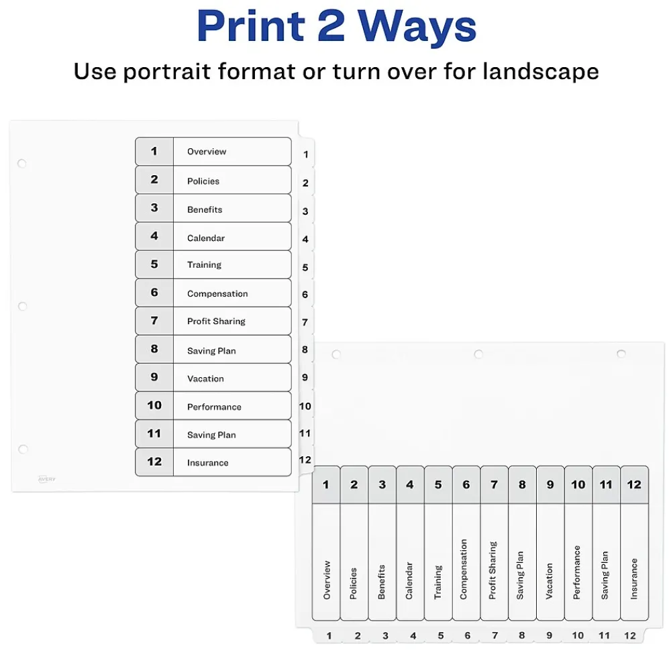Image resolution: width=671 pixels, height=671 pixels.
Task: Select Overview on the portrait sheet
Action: pos(207,152)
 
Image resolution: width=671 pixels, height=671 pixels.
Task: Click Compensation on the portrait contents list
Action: pos(217,294)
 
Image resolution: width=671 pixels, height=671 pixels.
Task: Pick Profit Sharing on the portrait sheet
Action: pos(216,321)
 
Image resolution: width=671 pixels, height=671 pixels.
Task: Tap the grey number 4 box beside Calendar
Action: pos(154,236)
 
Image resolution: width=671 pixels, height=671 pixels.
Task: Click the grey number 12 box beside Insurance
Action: pos(154,462)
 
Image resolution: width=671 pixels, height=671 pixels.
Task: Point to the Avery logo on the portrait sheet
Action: pos(47,478)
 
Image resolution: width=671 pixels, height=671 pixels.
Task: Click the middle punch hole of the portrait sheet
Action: pos(22,306)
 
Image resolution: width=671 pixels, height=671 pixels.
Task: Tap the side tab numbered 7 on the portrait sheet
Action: pos(305,322)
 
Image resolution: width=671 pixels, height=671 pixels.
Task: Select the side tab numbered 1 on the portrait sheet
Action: pos(306,154)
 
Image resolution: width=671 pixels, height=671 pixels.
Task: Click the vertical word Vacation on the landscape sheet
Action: pos(550,581)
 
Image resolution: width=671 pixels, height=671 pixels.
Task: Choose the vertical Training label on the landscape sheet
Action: pos(438,582)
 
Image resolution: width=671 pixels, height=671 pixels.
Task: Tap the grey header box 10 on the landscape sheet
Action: pos(578,484)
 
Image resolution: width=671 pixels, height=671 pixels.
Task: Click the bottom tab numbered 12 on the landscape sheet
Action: pos(629,635)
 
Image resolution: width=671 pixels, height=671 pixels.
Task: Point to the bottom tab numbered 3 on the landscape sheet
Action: pos(385,635)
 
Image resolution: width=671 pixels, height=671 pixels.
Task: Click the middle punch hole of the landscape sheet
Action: pos(478,354)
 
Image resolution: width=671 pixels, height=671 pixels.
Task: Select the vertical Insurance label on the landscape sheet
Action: pos(634,579)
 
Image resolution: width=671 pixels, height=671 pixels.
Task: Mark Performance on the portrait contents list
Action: pos(214,407)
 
